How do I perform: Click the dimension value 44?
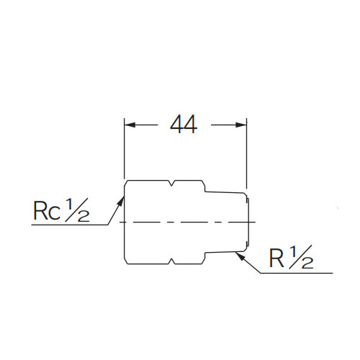pyautogui.click(x=184, y=125)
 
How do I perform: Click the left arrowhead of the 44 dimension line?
pyautogui.click(x=128, y=125)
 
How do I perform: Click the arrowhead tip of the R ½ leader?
pyautogui.click(x=243, y=252)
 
